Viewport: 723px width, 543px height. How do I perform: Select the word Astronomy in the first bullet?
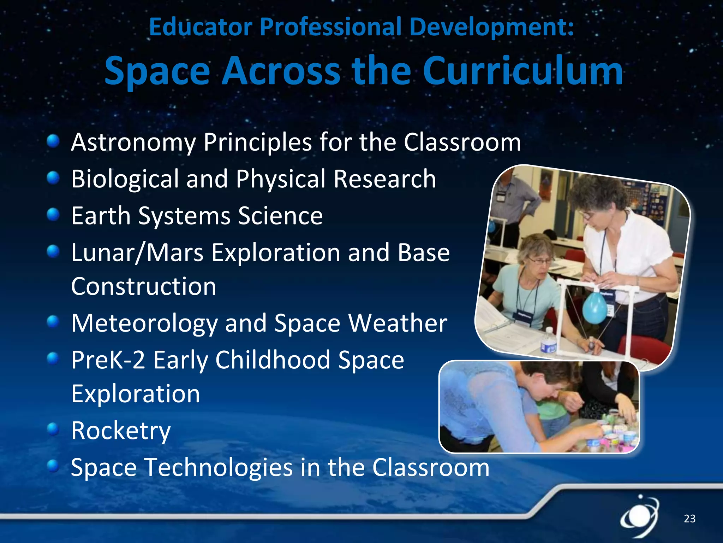pos(133,143)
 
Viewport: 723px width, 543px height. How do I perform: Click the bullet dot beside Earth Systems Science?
pos(53,214)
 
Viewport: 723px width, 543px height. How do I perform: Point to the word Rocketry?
pos(121,431)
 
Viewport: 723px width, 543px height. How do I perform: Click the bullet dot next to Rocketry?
pos(53,429)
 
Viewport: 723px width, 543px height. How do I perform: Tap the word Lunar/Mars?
pos(137,253)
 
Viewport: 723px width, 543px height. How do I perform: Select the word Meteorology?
pos(144,324)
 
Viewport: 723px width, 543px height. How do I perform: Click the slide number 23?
pos(689,519)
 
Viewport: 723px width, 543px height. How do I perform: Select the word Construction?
pos(143,286)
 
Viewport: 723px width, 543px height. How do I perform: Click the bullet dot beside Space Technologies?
pos(53,466)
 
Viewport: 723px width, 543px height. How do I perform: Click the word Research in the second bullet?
pos(385,179)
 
